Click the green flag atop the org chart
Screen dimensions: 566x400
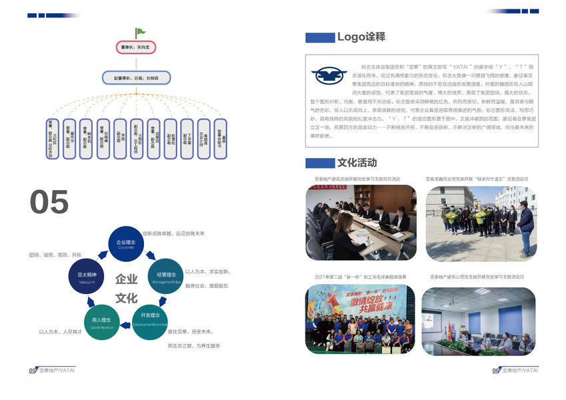[x=140, y=31]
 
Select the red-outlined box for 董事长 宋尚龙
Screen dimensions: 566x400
[x=139, y=48]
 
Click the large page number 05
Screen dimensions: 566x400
[x=49, y=202]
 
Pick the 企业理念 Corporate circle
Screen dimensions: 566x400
[x=126, y=244]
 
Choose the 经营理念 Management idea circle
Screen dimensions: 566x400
[x=167, y=277]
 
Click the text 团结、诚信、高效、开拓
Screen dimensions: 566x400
[x=55, y=255]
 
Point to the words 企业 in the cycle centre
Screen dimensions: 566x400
[x=126, y=279]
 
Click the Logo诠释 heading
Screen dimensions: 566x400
[x=361, y=37]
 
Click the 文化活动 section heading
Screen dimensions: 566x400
[x=357, y=163]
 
